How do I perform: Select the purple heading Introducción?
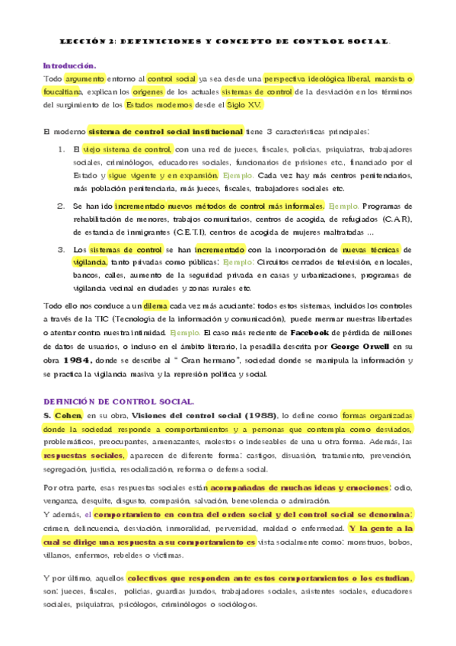pyautogui.click(x=69, y=66)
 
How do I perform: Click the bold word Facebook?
pyautogui.click(x=313, y=333)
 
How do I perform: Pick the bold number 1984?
pyautogui.click(x=78, y=360)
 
